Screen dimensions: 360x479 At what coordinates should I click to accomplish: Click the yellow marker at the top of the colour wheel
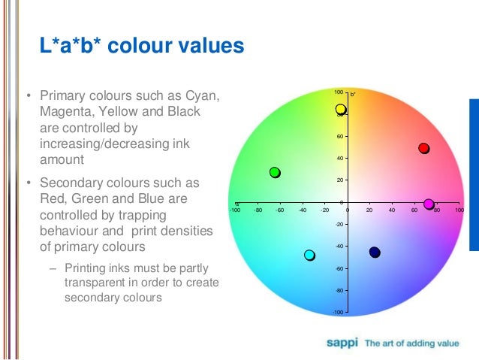[x=340, y=110]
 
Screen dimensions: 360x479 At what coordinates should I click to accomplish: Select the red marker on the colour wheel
[x=423, y=148]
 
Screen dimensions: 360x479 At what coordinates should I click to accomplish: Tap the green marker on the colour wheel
[x=275, y=173]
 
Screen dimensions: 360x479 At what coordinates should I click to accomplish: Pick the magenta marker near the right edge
[x=429, y=204]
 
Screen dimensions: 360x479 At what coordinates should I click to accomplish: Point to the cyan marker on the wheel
[x=309, y=256]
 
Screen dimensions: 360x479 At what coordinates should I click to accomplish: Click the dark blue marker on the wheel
[x=375, y=253]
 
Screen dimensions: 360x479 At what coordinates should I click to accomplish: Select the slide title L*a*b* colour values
[x=142, y=47]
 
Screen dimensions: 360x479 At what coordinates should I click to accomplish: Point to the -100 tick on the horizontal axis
[x=235, y=211]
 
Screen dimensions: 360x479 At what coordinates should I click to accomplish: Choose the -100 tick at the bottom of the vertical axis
[x=338, y=312]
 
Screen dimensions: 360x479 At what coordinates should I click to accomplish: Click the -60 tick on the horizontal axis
[x=279, y=211]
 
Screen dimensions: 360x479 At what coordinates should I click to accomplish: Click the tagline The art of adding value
[x=411, y=343]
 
